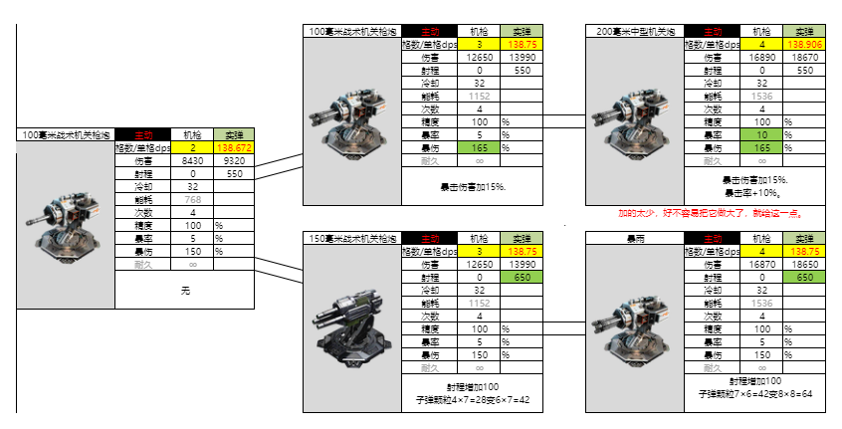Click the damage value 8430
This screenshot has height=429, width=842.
pyautogui.click(x=192, y=160)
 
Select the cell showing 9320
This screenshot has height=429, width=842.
pyautogui.click(x=234, y=160)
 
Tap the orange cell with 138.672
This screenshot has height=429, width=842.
pyautogui.click(x=234, y=147)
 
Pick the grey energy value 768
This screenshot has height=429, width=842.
pyautogui.click(x=192, y=199)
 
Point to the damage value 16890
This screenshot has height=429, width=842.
pyautogui.click(x=762, y=58)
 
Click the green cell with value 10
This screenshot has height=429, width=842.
pyautogui.click(x=762, y=134)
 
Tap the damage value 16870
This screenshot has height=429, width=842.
pyautogui.click(x=762, y=265)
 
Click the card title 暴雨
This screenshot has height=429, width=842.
pyautogui.click(x=634, y=239)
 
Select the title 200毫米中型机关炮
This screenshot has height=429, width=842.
pyautogui.click(x=634, y=32)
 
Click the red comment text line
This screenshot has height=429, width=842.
pyautogui.click(x=710, y=213)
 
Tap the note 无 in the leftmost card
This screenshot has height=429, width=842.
pyautogui.click(x=185, y=291)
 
